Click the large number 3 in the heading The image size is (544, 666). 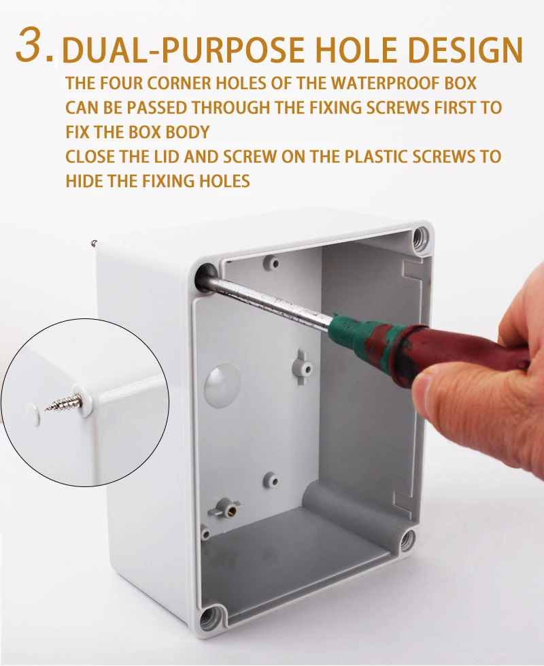tap(32, 44)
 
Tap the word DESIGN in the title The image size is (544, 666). tap(465, 50)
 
